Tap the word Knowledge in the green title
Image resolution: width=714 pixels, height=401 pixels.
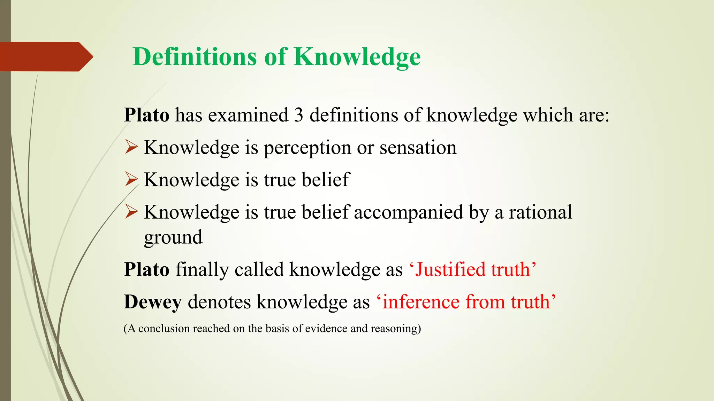357,56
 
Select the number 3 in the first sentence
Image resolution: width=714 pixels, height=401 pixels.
298,115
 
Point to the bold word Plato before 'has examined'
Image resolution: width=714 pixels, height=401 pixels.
146,115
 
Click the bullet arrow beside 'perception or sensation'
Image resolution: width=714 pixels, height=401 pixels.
131,147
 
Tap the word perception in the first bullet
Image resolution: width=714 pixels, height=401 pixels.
307,148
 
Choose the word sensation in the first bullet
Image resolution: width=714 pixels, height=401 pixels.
418,147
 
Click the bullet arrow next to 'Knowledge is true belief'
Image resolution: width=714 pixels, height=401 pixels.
131,180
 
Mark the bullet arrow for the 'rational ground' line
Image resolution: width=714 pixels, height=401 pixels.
131,212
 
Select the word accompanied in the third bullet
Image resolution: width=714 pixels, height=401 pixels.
408,212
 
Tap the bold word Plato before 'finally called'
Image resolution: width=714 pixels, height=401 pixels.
146,269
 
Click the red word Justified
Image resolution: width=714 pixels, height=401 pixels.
450,269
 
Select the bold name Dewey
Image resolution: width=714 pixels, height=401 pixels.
153,302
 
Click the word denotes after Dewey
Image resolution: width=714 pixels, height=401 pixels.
219,301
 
